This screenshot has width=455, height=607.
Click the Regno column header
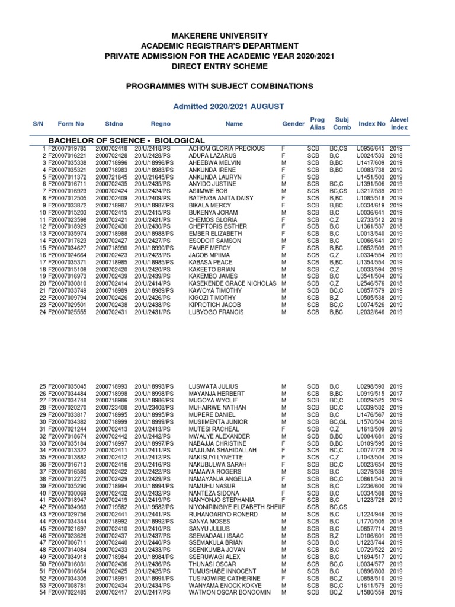tap(161, 124)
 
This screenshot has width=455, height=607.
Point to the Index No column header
tap(371, 124)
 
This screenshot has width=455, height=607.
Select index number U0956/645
tap(371, 148)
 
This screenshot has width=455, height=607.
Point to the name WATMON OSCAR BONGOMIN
tap(229, 592)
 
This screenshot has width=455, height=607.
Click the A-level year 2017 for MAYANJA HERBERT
tap(396, 394)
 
